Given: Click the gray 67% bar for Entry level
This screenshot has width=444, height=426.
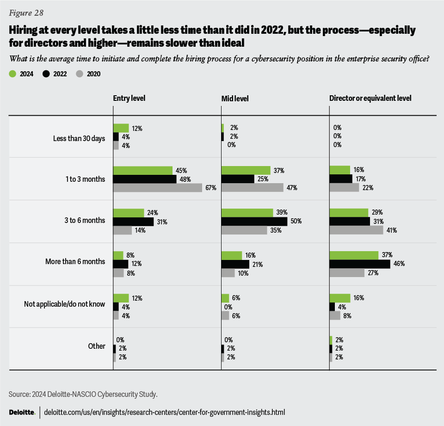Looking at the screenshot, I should click(x=158, y=187).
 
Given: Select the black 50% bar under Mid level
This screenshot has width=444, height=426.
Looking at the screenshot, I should click(x=254, y=222).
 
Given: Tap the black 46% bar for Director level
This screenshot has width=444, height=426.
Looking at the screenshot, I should click(x=360, y=264).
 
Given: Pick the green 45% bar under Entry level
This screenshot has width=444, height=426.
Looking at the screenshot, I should click(x=142, y=171).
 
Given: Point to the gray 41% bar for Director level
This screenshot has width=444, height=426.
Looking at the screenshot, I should click(x=356, y=230).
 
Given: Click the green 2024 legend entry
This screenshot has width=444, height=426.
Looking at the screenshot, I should click(x=20, y=74).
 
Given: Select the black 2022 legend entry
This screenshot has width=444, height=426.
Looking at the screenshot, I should click(x=54, y=74).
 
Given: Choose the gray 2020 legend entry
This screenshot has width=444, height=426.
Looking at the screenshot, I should click(x=88, y=74).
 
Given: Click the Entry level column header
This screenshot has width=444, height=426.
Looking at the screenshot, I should click(x=128, y=98).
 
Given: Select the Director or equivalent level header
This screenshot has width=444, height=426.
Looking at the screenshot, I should click(x=370, y=98).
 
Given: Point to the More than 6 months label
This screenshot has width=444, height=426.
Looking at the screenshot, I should click(x=75, y=262).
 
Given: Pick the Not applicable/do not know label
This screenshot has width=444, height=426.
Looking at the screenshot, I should click(x=64, y=304).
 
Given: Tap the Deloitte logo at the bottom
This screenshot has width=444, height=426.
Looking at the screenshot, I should click(x=22, y=412).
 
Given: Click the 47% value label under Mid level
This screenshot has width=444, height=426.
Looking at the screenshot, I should click(x=292, y=188).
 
